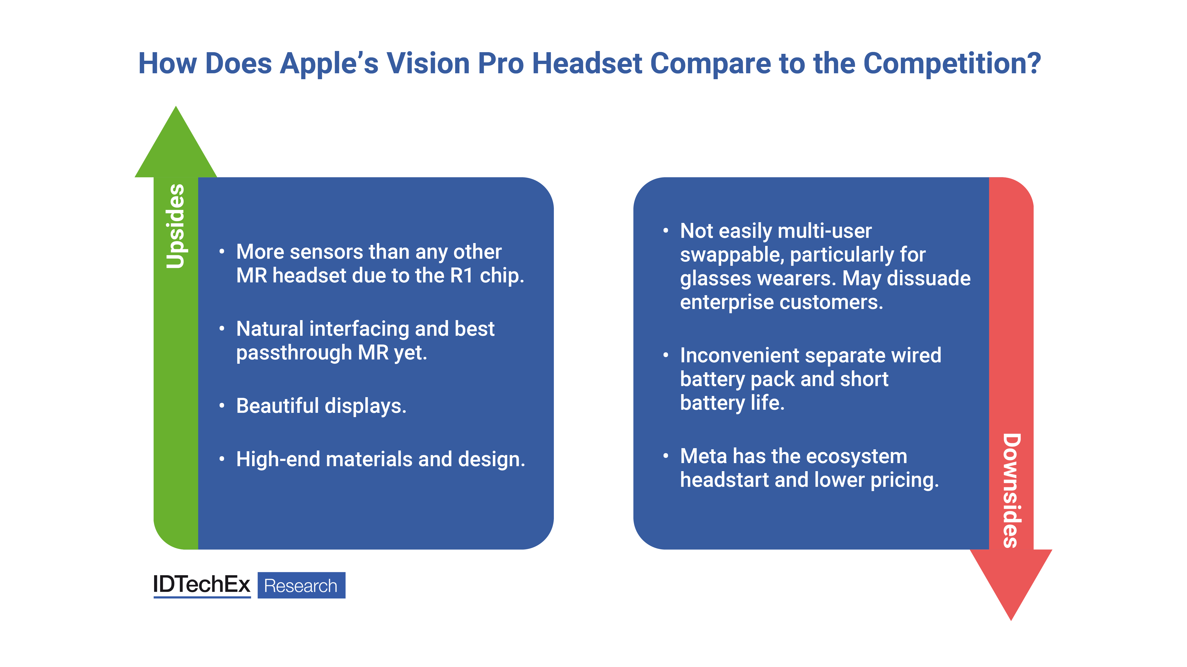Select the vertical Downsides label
click(x=1012, y=490)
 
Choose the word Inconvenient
click(x=740, y=355)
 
